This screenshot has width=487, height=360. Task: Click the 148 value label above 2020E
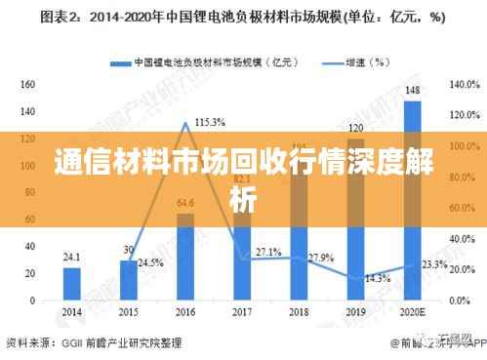(412, 92)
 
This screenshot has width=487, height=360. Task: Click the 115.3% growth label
(210, 122)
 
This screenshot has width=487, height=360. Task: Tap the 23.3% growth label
(433, 264)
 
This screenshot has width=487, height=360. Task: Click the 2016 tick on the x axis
(185, 312)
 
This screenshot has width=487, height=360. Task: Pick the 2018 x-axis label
(299, 312)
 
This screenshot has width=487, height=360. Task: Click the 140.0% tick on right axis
(460, 85)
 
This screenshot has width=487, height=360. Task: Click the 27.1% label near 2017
(267, 252)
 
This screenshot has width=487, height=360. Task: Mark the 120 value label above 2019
(355, 128)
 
